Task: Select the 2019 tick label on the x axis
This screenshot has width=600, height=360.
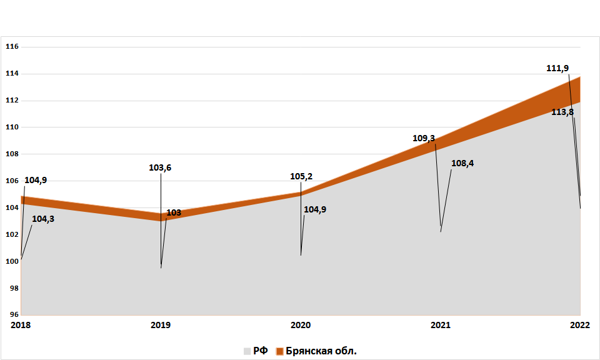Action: pos(161,325)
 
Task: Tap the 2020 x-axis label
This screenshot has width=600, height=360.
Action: pos(301,325)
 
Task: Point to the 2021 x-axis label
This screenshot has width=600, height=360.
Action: pos(441,325)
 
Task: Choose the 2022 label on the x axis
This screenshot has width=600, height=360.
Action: pos(581,325)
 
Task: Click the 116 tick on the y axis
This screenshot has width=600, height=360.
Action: pos(12,47)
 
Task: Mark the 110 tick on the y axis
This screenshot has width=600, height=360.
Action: pos(12,127)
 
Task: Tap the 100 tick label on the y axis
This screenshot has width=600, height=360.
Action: pos(12,261)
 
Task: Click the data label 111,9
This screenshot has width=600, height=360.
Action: pos(557,68)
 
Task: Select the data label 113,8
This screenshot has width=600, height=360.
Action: pos(562,112)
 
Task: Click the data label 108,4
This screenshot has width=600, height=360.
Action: pos(462,163)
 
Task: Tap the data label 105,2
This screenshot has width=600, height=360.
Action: pos(301,176)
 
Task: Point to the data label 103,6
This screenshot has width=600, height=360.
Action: pos(161,167)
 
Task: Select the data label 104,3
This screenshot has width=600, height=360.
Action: pos(43,219)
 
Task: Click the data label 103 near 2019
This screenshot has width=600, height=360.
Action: pos(174,212)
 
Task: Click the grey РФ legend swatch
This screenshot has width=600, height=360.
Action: pos(247,351)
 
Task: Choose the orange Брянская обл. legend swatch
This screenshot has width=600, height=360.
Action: pos(280,351)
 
